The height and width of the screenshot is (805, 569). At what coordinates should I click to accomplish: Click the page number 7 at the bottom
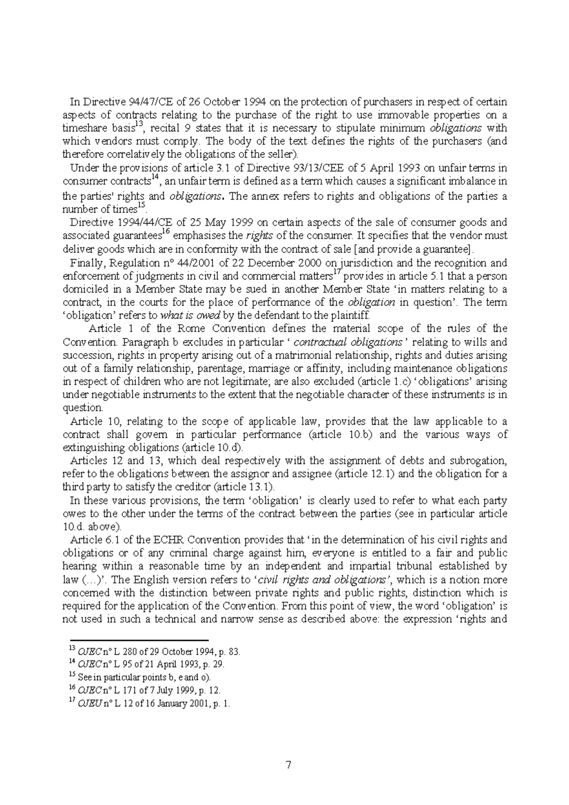point(288,765)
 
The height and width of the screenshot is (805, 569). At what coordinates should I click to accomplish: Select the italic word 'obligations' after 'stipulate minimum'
point(455,128)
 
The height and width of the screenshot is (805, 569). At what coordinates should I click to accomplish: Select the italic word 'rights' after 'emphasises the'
point(260,236)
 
